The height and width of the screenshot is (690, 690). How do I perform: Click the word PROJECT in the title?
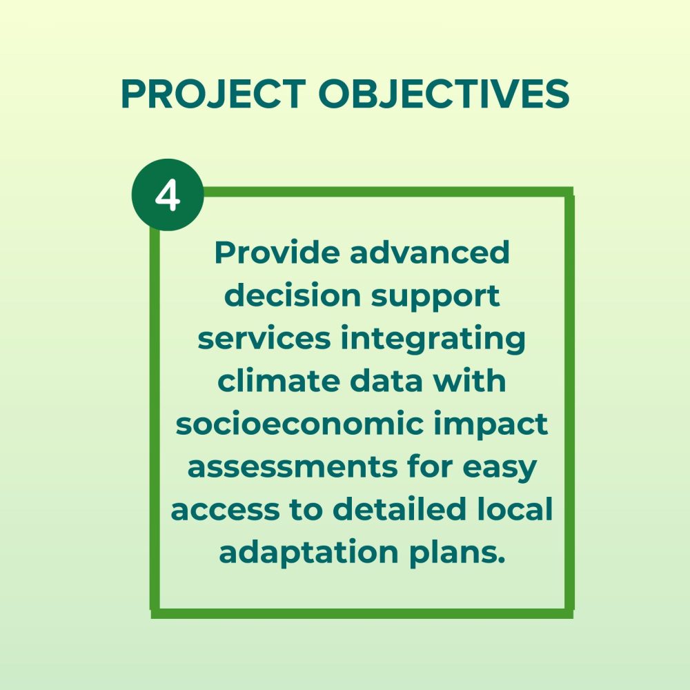(x=213, y=94)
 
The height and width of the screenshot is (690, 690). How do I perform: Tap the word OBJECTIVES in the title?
(x=444, y=94)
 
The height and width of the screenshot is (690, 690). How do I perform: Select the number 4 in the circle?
(x=168, y=195)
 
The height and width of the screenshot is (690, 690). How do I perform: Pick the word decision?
(x=293, y=295)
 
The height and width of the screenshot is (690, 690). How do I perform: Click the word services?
(x=264, y=338)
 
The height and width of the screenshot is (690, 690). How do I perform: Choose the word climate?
(x=279, y=381)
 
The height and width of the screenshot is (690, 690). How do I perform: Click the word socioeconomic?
(x=299, y=424)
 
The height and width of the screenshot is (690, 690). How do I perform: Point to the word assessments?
(x=293, y=467)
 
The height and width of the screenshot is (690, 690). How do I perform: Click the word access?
(x=225, y=510)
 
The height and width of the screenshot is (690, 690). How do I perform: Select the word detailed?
(x=399, y=509)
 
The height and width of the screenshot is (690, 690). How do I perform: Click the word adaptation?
(x=309, y=553)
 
